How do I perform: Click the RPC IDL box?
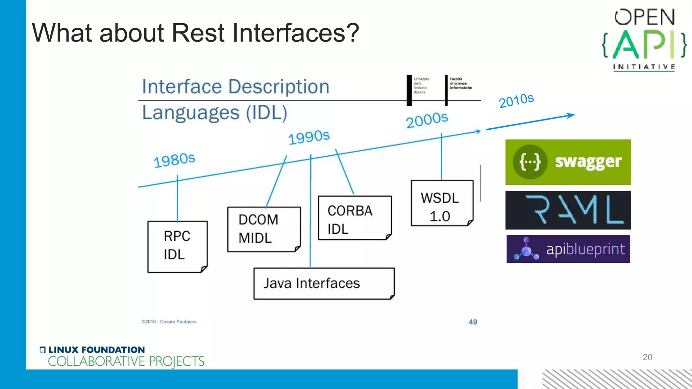pyautogui.click(x=177, y=247)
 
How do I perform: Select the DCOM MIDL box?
pyautogui.click(x=264, y=229)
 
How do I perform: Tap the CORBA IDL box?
pyautogui.click(x=355, y=218)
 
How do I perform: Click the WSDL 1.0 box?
pyautogui.click(x=442, y=203)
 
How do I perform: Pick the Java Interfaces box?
pyautogui.click(x=324, y=283)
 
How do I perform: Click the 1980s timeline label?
pyautogui.click(x=174, y=160)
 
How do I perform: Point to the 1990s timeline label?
pyautogui.click(x=308, y=137)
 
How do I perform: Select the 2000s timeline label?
pyautogui.click(x=427, y=120)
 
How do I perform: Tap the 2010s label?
pyautogui.click(x=516, y=100)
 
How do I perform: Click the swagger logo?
pyautogui.click(x=568, y=162)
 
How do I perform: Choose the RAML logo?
pyautogui.click(x=568, y=210)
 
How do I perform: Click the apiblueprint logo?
pyautogui.click(x=568, y=249)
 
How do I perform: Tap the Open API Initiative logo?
pyautogui.click(x=644, y=40)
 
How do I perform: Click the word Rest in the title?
pyautogui.click(x=198, y=33)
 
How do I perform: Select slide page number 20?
pyautogui.click(x=647, y=357)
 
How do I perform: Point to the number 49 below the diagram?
pyautogui.click(x=473, y=322)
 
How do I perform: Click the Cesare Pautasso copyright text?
pyautogui.click(x=169, y=321)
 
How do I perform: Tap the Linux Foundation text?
pyautogui.click(x=96, y=350)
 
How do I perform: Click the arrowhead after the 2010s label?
pyautogui.click(x=571, y=115)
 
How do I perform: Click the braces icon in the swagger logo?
pyautogui.click(x=529, y=162)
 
